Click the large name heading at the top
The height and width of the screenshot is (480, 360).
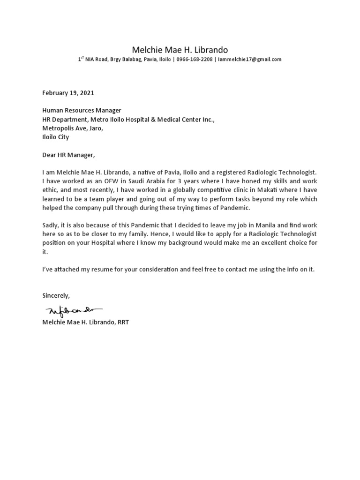180,50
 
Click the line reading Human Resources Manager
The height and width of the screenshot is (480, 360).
82,110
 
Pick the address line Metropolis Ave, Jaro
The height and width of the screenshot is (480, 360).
72,128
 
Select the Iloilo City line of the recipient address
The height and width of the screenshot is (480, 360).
55,137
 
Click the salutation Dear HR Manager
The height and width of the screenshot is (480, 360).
68,155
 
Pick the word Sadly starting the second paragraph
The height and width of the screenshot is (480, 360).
51,225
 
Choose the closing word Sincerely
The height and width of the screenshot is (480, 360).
56,296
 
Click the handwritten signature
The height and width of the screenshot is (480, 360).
73,311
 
